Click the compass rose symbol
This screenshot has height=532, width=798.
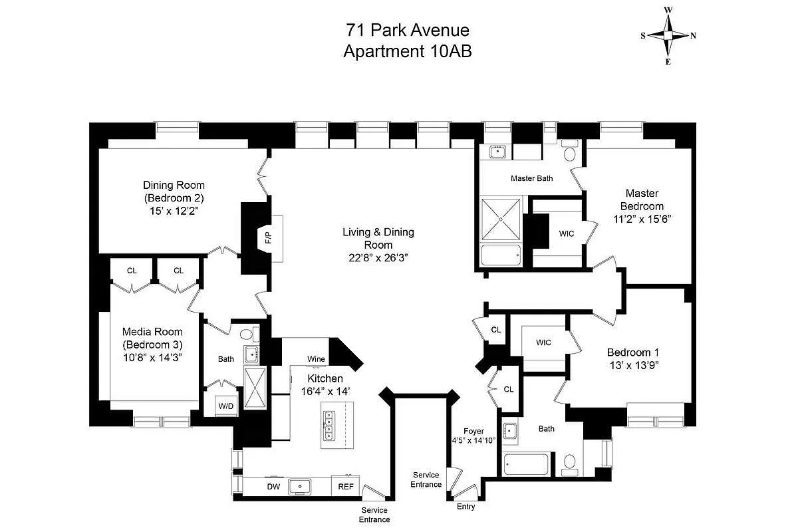tap(668, 36)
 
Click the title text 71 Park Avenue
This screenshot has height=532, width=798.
tap(407, 30)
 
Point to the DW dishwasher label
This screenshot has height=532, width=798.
tap(273, 487)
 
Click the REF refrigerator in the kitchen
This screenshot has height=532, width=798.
tap(346, 487)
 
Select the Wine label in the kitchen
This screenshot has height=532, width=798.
tap(316, 359)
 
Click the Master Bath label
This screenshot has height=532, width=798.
tap(531, 178)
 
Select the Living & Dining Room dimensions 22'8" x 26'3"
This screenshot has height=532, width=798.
tap(378, 257)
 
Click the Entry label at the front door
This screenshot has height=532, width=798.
tap(465, 507)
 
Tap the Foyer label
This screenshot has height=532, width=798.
tap(473, 431)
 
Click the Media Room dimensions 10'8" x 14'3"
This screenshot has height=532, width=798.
tap(152, 357)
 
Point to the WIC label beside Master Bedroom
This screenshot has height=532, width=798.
tap(567, 234)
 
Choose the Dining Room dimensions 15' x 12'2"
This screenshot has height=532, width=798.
tap(174, 210)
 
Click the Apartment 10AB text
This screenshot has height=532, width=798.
tap(407, 52)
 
